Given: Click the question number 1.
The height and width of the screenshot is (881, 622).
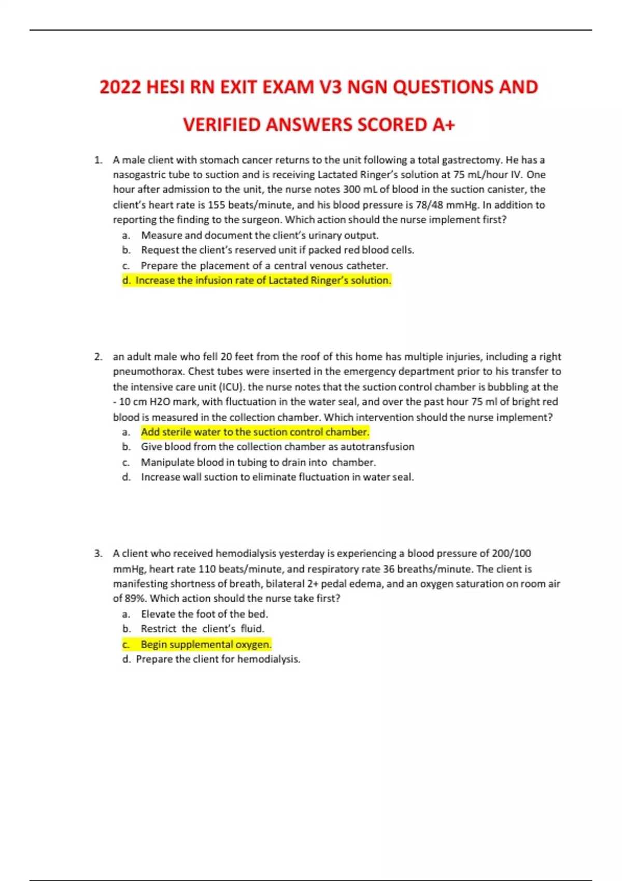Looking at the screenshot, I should point(97,160).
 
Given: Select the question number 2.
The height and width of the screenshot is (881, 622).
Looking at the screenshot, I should point(97,357).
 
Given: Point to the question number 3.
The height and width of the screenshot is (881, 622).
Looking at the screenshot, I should point(97,553).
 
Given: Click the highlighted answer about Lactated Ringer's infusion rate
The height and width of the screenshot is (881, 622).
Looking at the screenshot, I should point(263,280).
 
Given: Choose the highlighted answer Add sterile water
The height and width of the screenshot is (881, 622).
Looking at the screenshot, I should point(255,432).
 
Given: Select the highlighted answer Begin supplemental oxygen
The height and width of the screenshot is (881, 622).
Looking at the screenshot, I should point(206,644).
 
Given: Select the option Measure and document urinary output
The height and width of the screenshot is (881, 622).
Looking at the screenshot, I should point(259,235).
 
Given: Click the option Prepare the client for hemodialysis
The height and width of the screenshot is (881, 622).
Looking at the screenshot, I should point(218,659).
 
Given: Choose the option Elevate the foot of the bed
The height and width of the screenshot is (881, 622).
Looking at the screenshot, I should point(204,614).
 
